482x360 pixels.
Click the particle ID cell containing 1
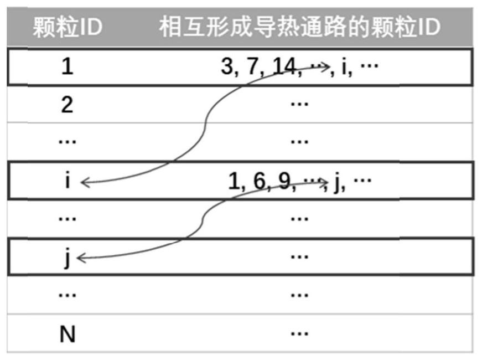(x=67, y=68)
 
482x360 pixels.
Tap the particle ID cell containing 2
(x=67, y=105)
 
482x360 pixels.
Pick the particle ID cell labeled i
(x=67, y=181)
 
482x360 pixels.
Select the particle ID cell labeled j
(x=67, y=258)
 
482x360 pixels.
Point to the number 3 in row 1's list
(x=226, y=68)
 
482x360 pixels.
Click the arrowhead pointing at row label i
(x=84, y=182)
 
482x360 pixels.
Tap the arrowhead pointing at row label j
(x=81, y=258)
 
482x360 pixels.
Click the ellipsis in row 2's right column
(x=299, y=104)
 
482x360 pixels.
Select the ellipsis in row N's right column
(x=299, y=333)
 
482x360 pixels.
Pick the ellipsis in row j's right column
(x=299, y=256)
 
